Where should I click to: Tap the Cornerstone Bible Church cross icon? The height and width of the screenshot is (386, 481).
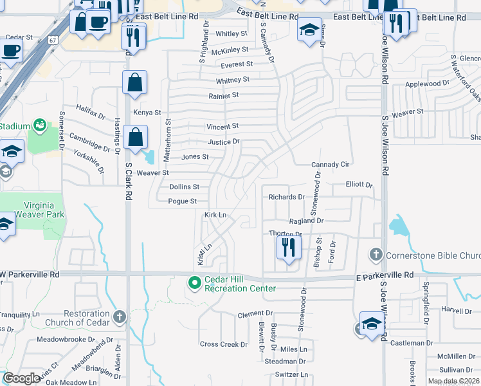(377, 255)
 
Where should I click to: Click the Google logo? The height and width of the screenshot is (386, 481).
(22, 378)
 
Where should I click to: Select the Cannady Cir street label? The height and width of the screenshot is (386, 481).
(330, 165)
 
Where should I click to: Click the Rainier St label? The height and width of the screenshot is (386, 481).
(223, 95)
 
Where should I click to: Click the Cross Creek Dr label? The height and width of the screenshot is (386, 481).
(223, 344)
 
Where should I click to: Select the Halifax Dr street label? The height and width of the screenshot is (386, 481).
(90, 112)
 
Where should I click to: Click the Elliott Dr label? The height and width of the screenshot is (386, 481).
(359, 185)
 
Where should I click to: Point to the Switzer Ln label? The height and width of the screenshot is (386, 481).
(291, 374)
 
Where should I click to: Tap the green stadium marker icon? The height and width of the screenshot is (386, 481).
(40, 124)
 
